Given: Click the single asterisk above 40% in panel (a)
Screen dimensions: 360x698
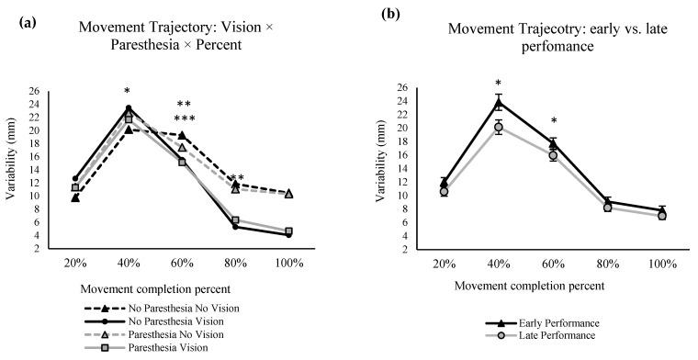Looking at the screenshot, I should (x=128, y=92).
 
